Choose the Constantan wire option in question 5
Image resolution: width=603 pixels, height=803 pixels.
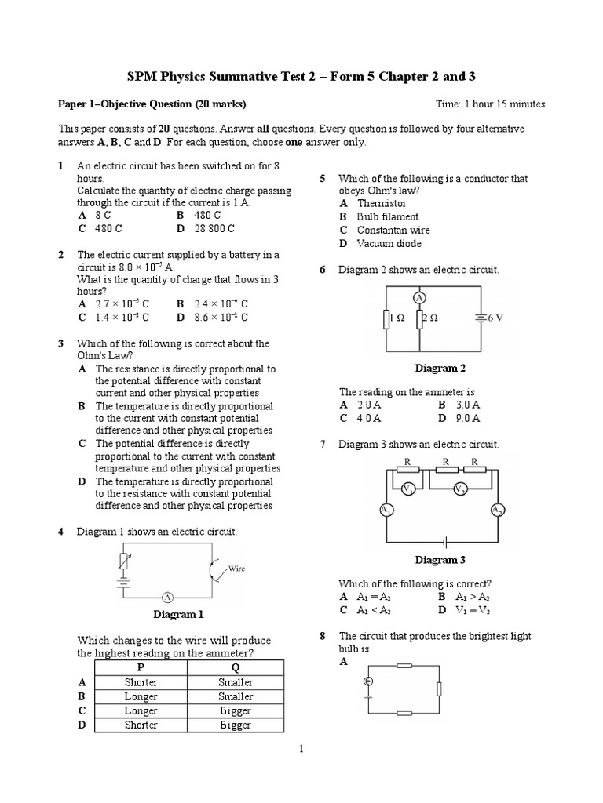(x=393, y=230)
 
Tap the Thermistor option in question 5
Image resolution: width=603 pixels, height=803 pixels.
(x=382, y=203)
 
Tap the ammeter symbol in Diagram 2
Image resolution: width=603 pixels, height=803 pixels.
(x=419, y=298)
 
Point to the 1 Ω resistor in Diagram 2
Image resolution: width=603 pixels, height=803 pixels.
(x=386, y=319)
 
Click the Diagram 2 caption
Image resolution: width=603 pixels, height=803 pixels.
(x=440, y=368)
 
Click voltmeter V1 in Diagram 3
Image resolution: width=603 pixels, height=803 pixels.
(x=407, y=489)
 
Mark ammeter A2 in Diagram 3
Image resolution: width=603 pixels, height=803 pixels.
(x=497, y=511)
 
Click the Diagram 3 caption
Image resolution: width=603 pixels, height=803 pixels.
(x=440, y=560)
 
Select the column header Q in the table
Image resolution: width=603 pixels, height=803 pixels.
(x=236, y=667)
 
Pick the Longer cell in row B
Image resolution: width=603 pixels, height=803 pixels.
(x=141, y=696)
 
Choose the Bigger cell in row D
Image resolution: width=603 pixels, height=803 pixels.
(x=236, y=725)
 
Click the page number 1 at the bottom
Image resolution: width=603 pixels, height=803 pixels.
(x=301, y=750)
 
